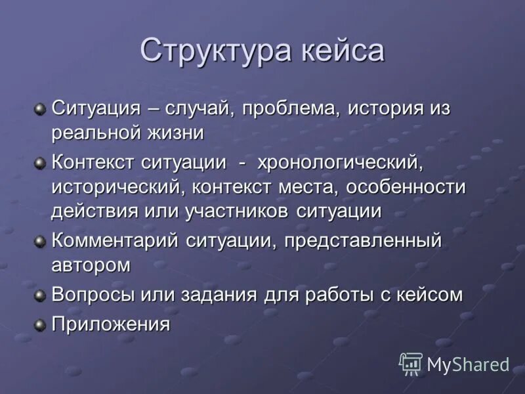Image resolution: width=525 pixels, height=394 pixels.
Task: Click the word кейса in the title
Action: click(343, 51)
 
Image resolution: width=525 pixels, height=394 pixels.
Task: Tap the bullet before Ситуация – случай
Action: click(41, 108)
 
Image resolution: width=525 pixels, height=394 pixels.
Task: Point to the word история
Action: click(386, 108)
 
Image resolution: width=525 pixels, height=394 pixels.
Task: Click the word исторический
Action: click(119, 187)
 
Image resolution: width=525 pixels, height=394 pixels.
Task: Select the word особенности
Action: click(405, 187)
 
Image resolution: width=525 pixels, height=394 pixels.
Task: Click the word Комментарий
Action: click(115, 241)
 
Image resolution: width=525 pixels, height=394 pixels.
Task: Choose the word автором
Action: click(91, 265)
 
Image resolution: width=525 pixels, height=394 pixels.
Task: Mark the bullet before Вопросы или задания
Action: click(41, 295)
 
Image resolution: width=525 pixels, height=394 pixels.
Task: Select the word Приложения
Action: click(111, 324)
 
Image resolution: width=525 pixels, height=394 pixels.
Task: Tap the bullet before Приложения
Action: click(41, 324)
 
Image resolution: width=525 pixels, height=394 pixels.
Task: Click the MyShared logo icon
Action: click(411, 363)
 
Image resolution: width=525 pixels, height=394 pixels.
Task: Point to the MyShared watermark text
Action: click(468, 364)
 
